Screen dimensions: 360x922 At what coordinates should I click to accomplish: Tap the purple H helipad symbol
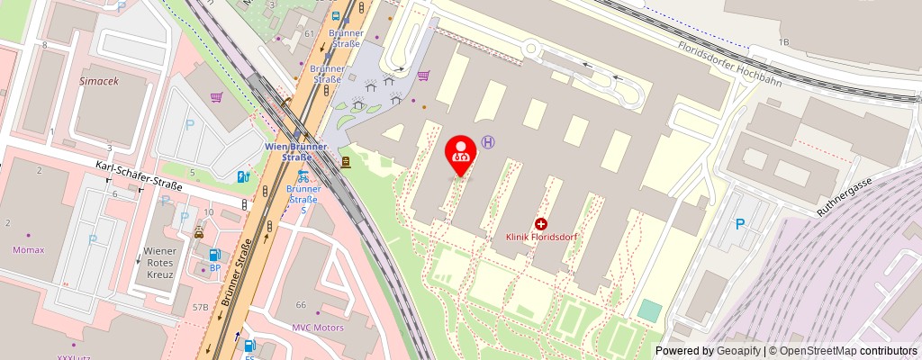(x=488, y=142)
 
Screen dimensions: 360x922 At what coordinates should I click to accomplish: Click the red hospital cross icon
(x=541, y=223)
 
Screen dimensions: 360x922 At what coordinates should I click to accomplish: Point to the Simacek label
(x=99, y=80)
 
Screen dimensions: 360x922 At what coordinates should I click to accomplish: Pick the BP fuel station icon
(x=215, y=256)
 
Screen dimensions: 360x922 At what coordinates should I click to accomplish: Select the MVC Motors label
(x=318, y=328)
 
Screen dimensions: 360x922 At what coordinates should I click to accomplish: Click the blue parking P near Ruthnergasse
(x=740, y=224)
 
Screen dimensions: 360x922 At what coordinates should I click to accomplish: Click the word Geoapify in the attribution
(x=737, y=351)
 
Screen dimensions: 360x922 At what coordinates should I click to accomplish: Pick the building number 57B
(x=200, y=308)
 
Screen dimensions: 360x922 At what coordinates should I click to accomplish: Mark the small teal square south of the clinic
(x=649, y=311)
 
